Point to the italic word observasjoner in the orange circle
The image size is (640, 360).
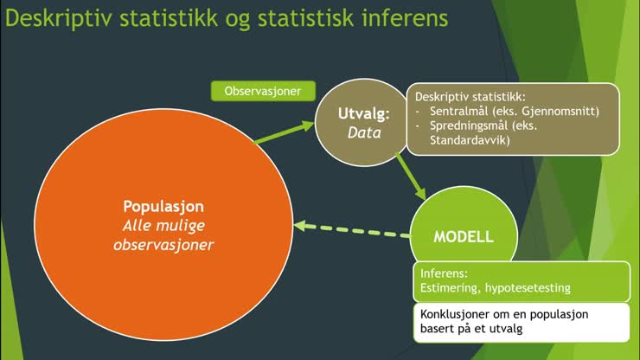(163, 245)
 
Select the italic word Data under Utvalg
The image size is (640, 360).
(363, 132)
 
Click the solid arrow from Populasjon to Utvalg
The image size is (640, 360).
(285, 133)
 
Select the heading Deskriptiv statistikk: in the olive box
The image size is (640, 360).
(470, 96)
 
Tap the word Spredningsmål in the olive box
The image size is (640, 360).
(467, 125)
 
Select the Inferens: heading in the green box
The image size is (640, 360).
(443, 272)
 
